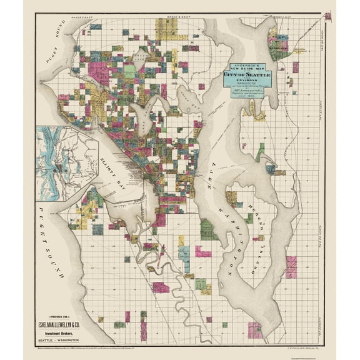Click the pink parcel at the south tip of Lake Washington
click(x=254, y=329)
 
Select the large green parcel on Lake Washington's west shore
click(x=209, y=229)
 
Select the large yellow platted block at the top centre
click(x=166, y=29)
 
